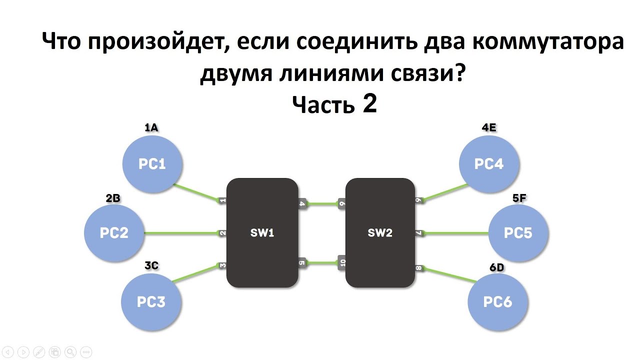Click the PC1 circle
coord(152,164)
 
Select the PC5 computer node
coord(518,233)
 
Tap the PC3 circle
coord(151,301)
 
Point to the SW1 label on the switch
coord(262,233)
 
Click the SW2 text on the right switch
coord(380,233)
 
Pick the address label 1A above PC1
coord(151,127)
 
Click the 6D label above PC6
coord(497,267)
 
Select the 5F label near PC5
coord(519,198)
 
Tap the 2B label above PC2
coord(113,198)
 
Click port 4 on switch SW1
coord(302,203)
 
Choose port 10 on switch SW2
coord(342,262)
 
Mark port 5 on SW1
coord(302,263)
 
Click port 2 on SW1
coord(222,233)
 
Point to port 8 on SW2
coord(418,268)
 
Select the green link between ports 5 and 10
coord(322,263)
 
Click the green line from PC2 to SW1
coord(181,233)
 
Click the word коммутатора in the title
coord(548,41)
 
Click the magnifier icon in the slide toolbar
coord(70,351)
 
